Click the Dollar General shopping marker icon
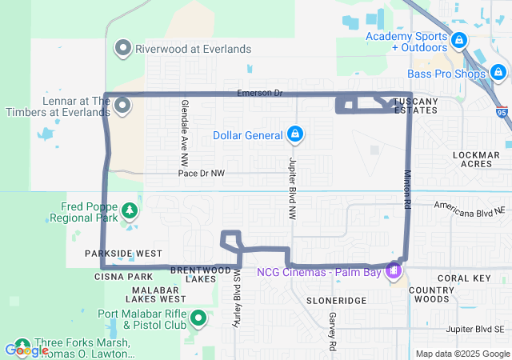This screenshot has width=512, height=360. point(295,134)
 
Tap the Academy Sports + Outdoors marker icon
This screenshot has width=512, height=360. point(458,39)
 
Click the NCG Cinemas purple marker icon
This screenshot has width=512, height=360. point(393,271)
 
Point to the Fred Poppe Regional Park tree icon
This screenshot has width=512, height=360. point(128,211)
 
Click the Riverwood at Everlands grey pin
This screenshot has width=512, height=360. point(123,48)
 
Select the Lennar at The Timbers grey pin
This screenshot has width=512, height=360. point(123,105)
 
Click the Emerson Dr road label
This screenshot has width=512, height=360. point(260,94)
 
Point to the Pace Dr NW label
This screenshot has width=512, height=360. point(202,173)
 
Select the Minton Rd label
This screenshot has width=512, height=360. point(407,190)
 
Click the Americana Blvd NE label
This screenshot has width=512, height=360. point(470,206)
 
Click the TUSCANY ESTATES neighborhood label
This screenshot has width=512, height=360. point(415,106)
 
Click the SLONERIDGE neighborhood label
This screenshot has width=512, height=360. point(336,300)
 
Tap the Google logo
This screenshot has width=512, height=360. point(26,350)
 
